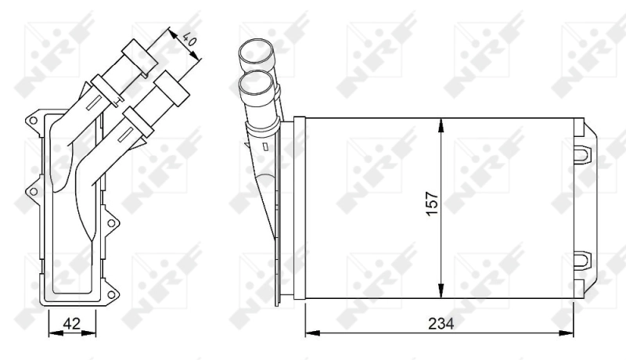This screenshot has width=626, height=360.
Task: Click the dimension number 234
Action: (x=440, y=322)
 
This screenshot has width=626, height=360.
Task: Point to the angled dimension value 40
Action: (x=189, y=38)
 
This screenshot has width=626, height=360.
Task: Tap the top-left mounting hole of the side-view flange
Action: (x=33, y=121)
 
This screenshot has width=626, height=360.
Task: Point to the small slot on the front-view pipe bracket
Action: (x=267, y=146)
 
